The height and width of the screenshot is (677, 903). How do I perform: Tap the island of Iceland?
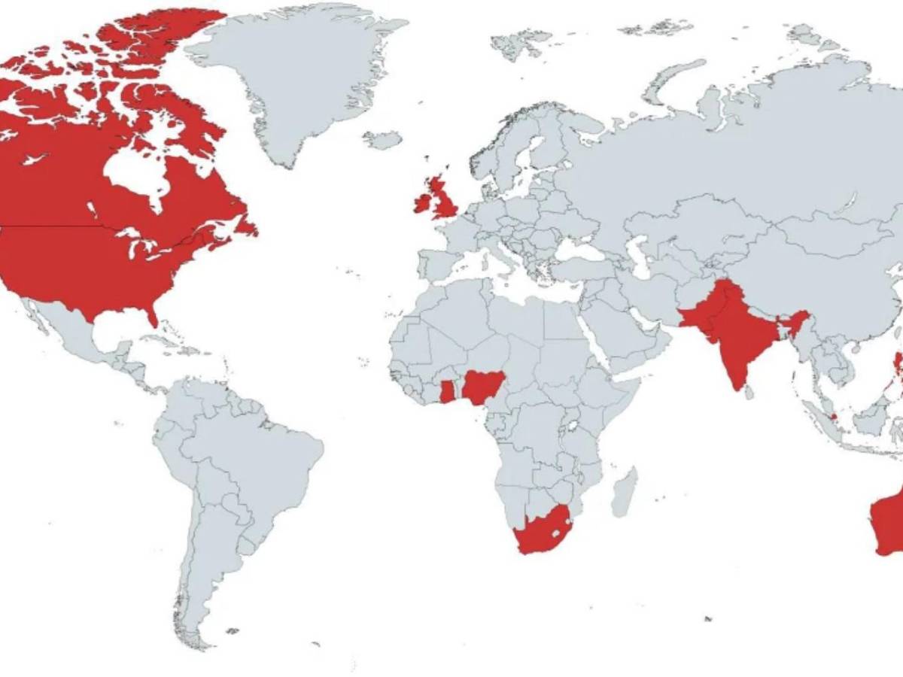(x=382, y=140)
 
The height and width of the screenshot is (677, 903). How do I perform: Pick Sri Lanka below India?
(x=749, y=392)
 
